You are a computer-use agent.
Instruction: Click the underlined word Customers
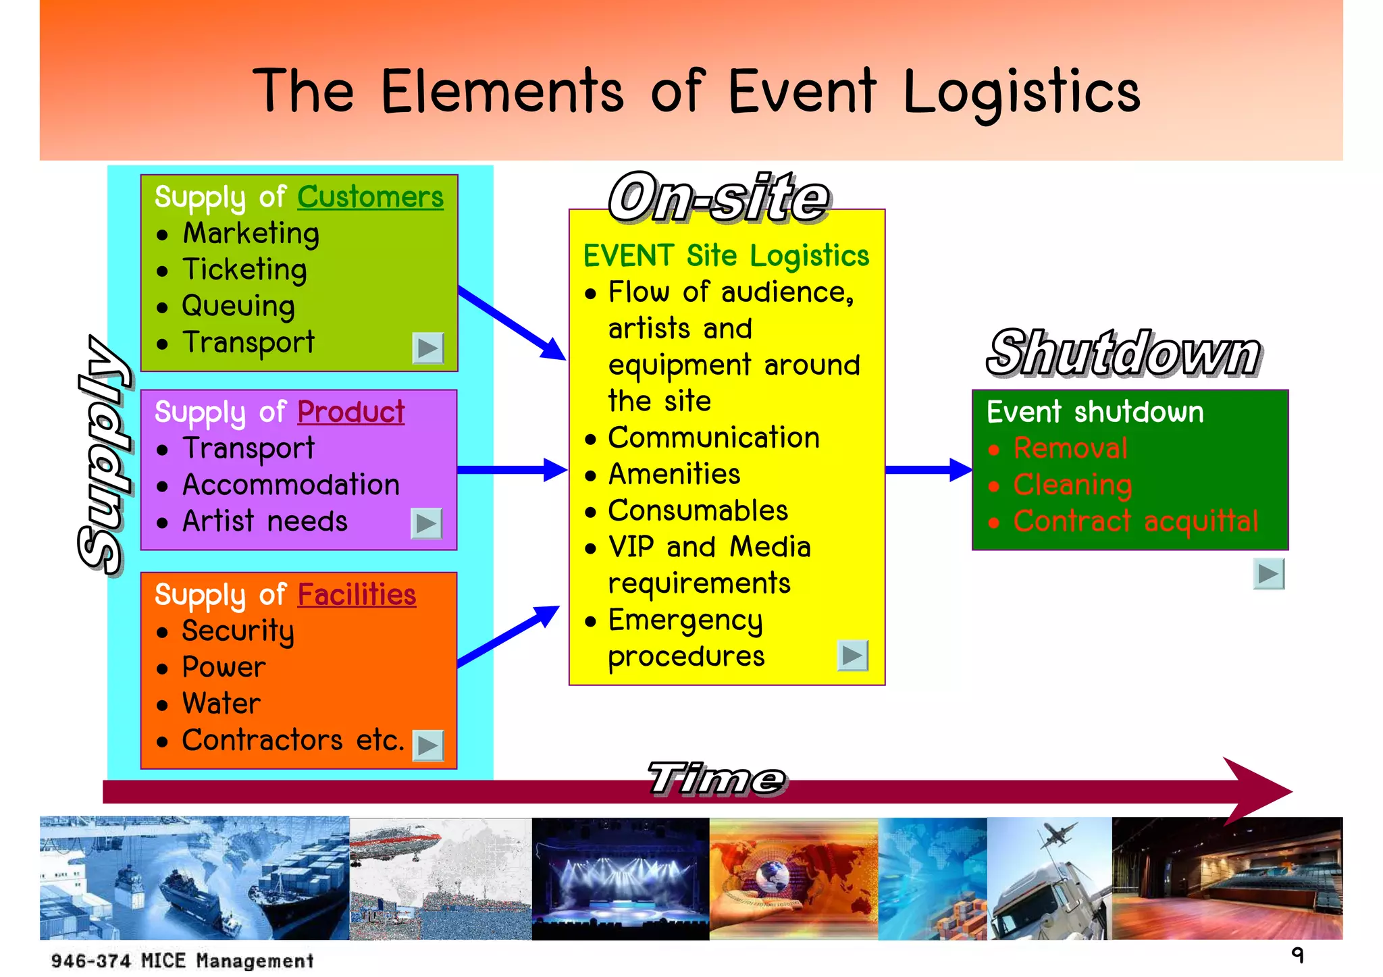[x=370, y=197]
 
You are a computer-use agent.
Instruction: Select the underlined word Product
[x=350, y=412]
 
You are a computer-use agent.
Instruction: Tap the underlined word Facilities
[x=357, y=595]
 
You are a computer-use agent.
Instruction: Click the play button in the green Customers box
[x=427, y=348]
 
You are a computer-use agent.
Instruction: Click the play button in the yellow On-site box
[x=852, y=655]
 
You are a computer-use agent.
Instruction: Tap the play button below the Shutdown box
[x=1268, y=574]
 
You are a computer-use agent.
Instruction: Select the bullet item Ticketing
[x=244, y=269]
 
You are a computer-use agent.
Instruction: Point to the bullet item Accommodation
[x=290, y=485]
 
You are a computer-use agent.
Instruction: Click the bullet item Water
[x=221, y=704]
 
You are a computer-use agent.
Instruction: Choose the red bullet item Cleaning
[x=1072, y=485]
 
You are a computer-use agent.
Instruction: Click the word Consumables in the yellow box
[x=698, y=510]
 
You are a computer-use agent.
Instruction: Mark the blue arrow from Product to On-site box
[x=511, y=469]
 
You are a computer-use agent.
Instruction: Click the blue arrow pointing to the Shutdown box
[x=928, y=469]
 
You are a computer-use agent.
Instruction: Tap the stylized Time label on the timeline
[x=716, y=778]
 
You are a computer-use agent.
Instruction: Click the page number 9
[x=1297, y=955]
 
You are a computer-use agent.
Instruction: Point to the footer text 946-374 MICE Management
[x=182, y=960]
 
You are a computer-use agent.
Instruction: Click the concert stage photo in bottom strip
[x=620, y=878]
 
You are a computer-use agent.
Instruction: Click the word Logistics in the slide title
[x=1021, y=92]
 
